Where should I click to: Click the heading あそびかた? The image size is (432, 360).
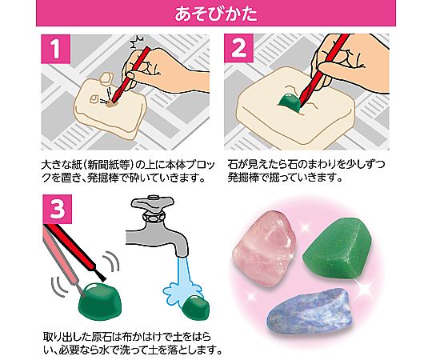[x=216, y=14]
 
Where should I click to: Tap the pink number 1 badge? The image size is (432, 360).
[x=56, y=49]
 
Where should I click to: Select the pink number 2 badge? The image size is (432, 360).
[x=238, y=48]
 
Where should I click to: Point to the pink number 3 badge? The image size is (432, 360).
[x=58, y=209]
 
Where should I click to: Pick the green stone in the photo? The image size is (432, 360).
[x=337, y=251]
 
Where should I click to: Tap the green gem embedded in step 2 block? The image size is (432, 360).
[x=290, y=102]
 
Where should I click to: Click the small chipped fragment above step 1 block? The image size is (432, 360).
[x=106, y=78]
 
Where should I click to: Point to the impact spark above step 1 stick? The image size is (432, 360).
[x=138, y=42]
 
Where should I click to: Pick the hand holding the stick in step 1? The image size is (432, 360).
[x=162, y=66]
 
